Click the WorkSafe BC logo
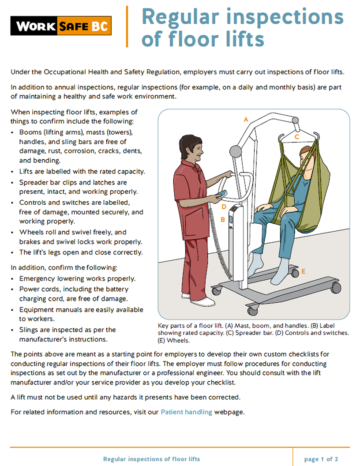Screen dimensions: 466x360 tap(61, 26)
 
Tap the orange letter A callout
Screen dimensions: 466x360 tap(246, 120)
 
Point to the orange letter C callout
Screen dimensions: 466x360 tap(297, 137)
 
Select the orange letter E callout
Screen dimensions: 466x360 tap(303, 271)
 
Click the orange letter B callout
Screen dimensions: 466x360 tap(223, 219)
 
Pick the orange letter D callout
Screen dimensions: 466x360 tap(224, 207)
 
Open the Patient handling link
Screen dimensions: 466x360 tap(186, 412)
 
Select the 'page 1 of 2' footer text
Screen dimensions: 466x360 tap(321, 459)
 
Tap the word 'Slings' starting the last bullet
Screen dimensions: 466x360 tap(29, 330)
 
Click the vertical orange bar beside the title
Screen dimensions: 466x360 tap(127, 26)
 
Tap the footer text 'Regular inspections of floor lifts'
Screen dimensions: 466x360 tap(151, 459)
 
